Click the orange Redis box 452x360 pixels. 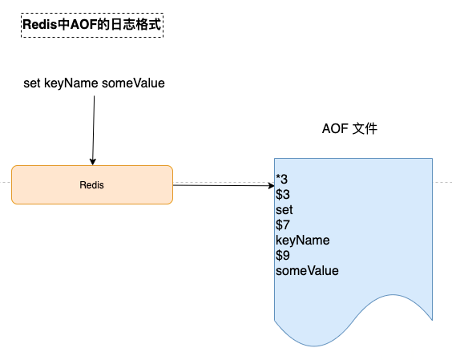coord(92,184)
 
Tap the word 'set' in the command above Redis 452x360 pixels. coord(32,83)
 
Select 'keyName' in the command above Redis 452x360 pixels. coord(71,83)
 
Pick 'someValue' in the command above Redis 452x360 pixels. coord(133,83)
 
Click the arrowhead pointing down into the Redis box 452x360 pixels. coord(92,161)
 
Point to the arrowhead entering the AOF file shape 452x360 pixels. coord(271,185)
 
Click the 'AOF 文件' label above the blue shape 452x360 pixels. coord(349,128)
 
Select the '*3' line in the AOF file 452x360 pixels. coord(281,179)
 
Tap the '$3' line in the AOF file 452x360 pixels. coord(282,194)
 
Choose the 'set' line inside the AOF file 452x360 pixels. coord(284,210)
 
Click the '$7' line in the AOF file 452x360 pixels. coord(282,224)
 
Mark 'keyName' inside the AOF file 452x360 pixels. coord(303,241)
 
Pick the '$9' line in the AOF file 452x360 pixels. coord(282,255)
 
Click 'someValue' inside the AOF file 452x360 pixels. coord(307,270)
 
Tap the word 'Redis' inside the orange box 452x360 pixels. coord(91,185)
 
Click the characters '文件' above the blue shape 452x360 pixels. coord(365,128)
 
